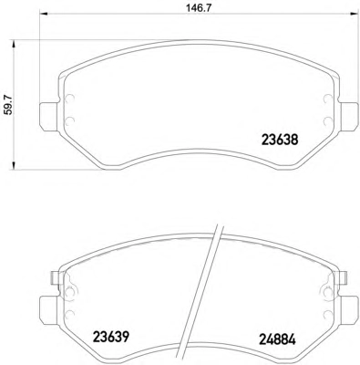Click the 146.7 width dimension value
(x=199, y=8)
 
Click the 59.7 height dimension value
(x=9, y=104)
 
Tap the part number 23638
(x=280, y=141)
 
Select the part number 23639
(x=111, y=337)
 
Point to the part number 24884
(x=277, y=339)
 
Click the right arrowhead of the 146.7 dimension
(x=355, y=14)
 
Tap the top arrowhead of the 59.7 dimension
(x=13, y=44)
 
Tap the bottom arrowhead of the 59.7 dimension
(x=13, y=166)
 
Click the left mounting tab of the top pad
(x=48, y=117)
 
